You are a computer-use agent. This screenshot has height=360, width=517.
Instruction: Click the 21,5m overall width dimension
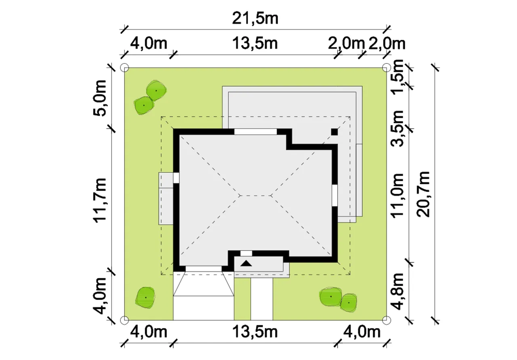click(x=255, y=19)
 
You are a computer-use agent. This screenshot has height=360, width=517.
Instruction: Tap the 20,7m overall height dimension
click(x=423, y=194)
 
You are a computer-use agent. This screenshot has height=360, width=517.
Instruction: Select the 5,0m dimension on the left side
click(x=99, y=98)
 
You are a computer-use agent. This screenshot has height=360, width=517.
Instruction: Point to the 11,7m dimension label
click(x=99, y=200)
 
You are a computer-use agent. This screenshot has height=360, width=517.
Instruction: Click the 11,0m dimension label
click(x=397, y=195)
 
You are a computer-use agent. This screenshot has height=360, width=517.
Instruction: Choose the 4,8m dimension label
click(x=397, y=291)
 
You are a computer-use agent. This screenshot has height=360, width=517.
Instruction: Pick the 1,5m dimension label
click(x=397, y=77)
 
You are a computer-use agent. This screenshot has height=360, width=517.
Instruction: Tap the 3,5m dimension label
click(x=397, y=128)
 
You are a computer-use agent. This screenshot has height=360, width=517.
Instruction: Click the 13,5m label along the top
click(x=255, y=43)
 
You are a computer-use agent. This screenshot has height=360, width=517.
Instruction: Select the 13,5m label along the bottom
click(x=255, y=332)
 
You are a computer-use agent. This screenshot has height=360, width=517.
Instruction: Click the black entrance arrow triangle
click(x=246, y=263)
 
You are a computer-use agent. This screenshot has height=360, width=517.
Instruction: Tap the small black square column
click(x=334, y=132)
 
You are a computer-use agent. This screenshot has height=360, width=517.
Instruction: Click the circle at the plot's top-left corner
click(x=125, y=68)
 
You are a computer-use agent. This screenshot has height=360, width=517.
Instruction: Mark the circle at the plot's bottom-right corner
click(x=387, y=320)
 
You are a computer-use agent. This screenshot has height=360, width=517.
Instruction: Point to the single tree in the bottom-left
click(x=145, y=298)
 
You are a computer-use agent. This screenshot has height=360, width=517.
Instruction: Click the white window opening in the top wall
click(x=256, y=132)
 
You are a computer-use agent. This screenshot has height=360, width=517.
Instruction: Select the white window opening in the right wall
click(x=335, y=195)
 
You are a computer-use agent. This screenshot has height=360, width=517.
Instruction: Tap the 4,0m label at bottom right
click(x=361, y=332)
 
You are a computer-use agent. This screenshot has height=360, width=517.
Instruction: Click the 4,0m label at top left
click(x=149, y=43)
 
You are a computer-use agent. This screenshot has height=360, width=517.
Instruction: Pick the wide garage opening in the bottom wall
click(x=204, y=269)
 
